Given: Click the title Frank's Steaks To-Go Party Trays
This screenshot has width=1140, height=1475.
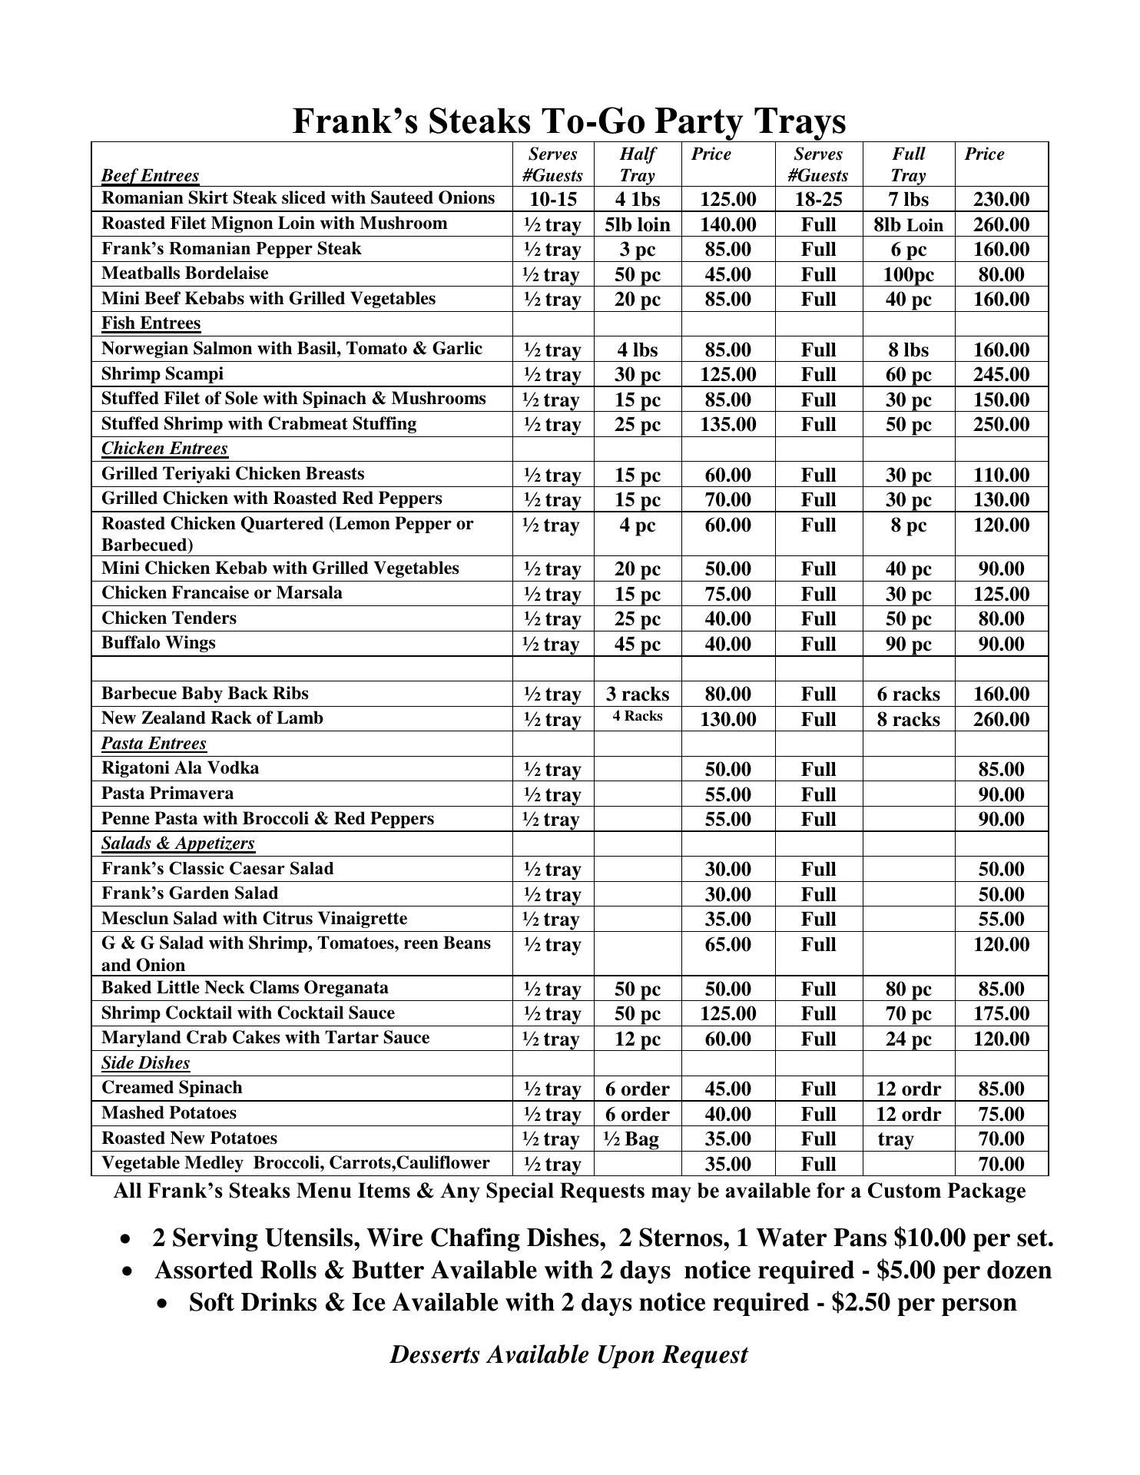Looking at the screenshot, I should (569, 121).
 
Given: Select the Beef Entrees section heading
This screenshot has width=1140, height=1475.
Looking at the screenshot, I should (150, 176).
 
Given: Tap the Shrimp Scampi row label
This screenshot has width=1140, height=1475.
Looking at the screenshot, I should (162, 374).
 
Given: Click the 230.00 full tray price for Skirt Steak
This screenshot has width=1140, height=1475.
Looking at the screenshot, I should (1001, 200).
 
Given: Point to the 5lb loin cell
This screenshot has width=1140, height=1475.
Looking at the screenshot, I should (637, 224).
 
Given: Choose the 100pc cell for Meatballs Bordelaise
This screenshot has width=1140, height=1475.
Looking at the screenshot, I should (908, 274).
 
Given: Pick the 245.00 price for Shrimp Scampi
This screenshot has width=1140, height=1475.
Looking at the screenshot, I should (1001, 374).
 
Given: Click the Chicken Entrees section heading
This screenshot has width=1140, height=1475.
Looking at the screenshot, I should (164, 449).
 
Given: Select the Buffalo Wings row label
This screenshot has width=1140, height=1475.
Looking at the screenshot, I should (158, 643).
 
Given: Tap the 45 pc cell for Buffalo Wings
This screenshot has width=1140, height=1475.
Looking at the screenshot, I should (637, 644).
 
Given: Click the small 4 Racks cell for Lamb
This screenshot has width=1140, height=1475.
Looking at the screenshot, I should (637, 717).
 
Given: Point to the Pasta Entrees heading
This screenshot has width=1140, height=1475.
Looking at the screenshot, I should (154, 744).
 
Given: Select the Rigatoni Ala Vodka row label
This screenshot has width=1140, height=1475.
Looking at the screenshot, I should (180, 768).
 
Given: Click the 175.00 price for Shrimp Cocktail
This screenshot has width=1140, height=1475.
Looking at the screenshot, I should (1001, 1013).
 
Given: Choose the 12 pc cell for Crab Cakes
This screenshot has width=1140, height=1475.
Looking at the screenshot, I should (637, 1039).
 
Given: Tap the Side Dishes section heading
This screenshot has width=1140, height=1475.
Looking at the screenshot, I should (145, 1063).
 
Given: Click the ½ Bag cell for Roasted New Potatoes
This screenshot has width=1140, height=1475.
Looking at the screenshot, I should (631, 1139).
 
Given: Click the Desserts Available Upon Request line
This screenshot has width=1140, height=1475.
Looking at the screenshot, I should (568, 1354).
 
